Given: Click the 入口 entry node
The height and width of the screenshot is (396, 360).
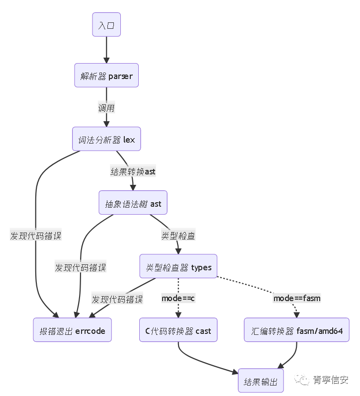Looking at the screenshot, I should point(106,25).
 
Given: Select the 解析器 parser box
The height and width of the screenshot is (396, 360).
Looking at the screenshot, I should point(106,76).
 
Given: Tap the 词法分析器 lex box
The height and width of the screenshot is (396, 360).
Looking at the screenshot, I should point(106,140).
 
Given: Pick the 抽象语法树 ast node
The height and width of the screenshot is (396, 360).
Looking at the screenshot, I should point(133,203).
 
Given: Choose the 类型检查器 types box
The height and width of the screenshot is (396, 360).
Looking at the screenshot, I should point(179,267).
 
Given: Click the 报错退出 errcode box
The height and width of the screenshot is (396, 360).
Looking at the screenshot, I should point(73,330).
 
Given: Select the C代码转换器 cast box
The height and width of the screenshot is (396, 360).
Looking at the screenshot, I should point(178,330).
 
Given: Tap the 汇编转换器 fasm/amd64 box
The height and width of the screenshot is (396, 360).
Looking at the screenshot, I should point(297,330).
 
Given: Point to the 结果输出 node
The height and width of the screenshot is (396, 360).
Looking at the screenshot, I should point(261,382).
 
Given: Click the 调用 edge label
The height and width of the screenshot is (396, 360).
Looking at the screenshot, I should point(106,108).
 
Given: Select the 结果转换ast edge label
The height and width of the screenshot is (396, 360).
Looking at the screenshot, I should point(133,171).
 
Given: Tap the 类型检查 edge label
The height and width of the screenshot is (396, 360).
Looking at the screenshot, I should point(178,236).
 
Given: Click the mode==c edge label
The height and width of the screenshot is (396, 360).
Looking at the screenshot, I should point(178,298).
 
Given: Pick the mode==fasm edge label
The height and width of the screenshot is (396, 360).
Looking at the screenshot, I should point(297,298).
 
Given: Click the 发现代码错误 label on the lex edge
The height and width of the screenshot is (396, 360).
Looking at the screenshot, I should point(36,236).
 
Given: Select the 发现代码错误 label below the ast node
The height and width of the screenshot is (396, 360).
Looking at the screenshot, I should point(81,267).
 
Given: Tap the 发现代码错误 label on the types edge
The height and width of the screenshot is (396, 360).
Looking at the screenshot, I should point(117,299).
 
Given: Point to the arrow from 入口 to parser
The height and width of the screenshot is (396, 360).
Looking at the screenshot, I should point(106,50).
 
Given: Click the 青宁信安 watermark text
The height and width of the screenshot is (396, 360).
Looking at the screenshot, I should point(331,380).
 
